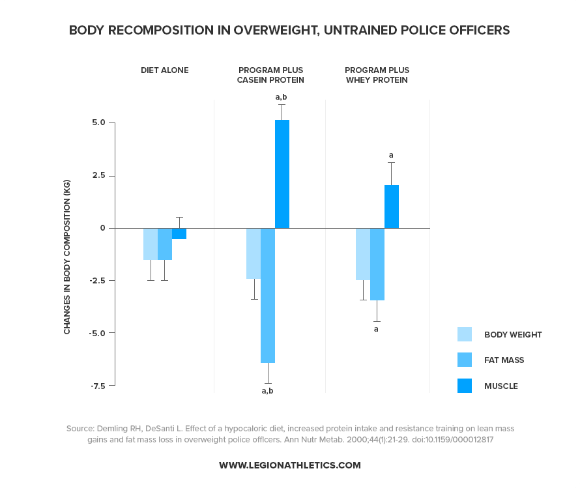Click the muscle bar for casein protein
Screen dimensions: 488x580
pos(282,174)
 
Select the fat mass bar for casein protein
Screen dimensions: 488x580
pos(267,295)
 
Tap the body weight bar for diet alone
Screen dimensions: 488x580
pos(150,244)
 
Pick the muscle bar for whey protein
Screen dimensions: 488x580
pos(391,207)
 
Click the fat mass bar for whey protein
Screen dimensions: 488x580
pos(377,264)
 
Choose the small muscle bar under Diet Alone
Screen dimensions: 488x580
pos(179,234)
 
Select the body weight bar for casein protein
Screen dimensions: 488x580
pos(253,253)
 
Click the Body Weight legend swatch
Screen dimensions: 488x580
pos(464,334)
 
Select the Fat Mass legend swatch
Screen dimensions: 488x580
pos(464,360)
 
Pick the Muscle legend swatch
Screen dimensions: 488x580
pos(464,386)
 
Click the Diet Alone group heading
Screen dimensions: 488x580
pos(165,70)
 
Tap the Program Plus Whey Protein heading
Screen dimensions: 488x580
pos(377,75)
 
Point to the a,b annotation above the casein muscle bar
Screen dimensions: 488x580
pos(281,97)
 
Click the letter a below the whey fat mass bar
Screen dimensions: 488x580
pos(376,329)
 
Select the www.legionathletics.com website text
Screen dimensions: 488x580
pos(289,465)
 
